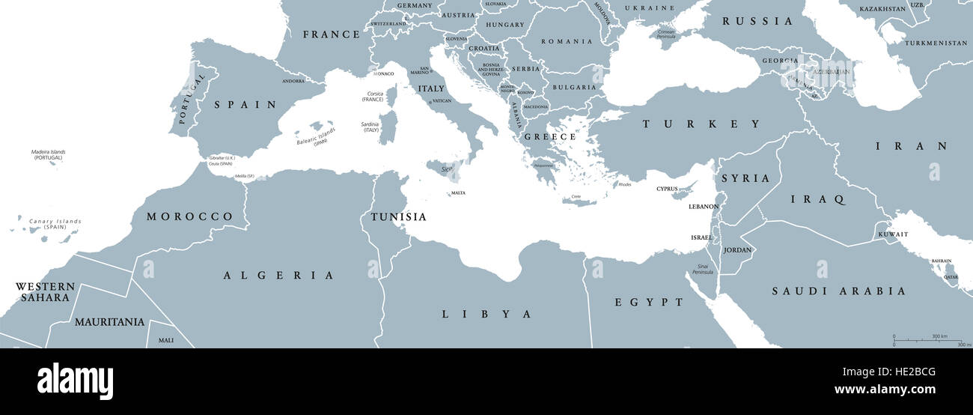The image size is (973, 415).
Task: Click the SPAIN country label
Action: [245, 105]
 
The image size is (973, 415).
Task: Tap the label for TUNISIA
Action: [398, 217]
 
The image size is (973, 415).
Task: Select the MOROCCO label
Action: [189, 216]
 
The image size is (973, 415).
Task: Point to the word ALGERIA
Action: [278, 276]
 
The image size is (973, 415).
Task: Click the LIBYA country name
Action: [487, 314]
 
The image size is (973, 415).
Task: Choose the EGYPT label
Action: [649, 302]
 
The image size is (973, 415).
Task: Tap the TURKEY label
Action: [701, 124]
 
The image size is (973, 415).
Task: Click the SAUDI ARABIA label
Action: [839, 291]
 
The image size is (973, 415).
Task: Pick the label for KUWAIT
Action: [894, 234]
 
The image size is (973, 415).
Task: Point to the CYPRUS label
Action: [668, 189]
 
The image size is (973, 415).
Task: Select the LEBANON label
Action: [704, 207]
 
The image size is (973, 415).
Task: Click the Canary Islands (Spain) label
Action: [55, 223]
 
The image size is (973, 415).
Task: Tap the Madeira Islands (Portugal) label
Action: [48, 154]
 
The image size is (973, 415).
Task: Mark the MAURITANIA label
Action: [109, 322]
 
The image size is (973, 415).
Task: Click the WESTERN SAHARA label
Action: [46, 291]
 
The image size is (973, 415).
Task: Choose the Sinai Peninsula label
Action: [703, 269]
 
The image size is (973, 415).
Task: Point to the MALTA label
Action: [457, 193]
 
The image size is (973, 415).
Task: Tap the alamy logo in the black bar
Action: [75, 381]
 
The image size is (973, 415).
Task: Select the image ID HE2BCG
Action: [911, 372]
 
